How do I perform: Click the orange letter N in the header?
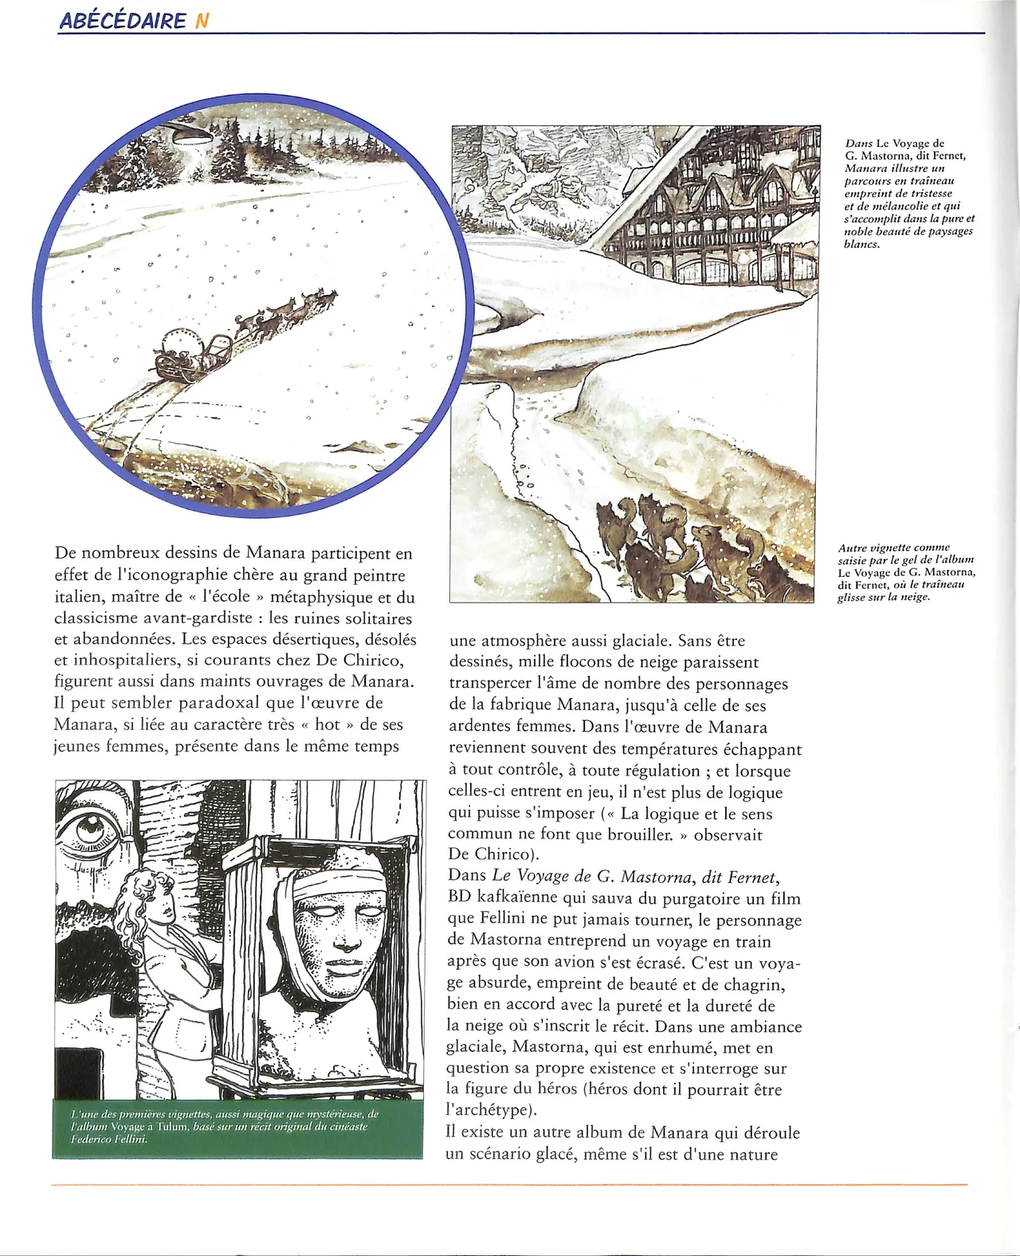coord(202,22)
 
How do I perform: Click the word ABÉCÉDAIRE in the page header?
coord(122,22)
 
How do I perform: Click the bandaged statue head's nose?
coord(348,933)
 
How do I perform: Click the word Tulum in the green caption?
coord(170,1127)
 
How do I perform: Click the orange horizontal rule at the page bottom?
coord(510,1185)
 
